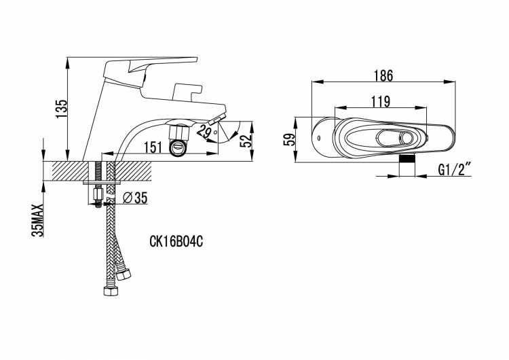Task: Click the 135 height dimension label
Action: pyautogui.click(x=62, y=109)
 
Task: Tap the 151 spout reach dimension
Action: pyautogui.click(x=153, y=147)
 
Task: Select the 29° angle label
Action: pyautogui.click(x=206, y=131)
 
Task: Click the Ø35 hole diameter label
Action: pyautogui.click(x=136, y=198)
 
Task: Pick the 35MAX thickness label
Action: pyautogui.click(x=37, y=221)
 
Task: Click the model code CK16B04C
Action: pyautogui.click(x=176, y=241)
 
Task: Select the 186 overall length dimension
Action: pyautogui.click(x=383, y=75)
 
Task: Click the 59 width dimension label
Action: pyautogui.click(x=289, y=139)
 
